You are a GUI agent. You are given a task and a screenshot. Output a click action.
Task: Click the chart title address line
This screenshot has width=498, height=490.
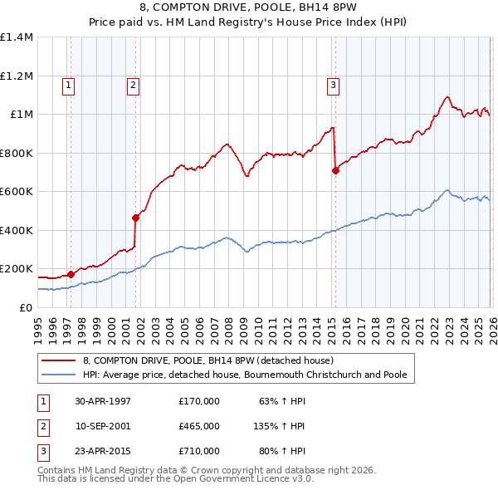248,8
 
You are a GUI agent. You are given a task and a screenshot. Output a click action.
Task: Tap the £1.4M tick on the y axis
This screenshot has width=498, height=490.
17,37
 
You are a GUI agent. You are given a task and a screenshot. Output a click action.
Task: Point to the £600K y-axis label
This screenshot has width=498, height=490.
17,192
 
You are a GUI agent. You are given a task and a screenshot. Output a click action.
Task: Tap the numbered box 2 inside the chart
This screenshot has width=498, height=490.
133,84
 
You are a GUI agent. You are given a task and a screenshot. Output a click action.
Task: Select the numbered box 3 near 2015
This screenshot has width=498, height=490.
333,84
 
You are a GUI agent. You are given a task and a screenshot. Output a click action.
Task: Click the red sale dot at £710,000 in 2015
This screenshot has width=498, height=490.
335,170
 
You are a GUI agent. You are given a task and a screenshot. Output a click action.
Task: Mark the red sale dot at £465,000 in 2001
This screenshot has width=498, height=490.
135,218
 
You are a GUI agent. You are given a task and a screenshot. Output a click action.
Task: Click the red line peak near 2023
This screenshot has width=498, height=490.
447,96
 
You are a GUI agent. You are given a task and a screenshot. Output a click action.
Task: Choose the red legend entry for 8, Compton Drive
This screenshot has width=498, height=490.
207,360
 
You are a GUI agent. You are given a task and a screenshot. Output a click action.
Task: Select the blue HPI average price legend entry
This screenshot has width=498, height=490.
244,375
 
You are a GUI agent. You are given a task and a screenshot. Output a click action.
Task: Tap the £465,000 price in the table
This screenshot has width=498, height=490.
198,426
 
